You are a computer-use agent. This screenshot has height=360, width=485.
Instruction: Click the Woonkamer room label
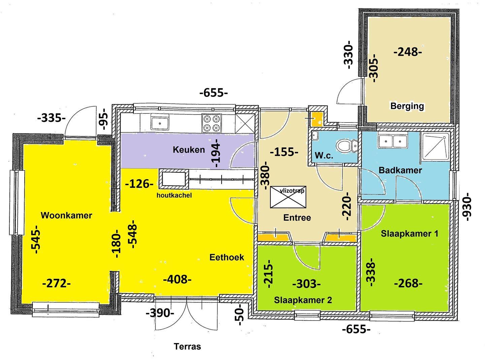tap(66, 216)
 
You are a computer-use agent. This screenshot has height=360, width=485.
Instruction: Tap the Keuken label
tap(189, 150)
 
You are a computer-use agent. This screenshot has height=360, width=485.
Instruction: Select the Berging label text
tap(407, 106)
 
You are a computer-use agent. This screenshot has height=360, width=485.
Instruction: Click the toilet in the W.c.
tap(347, 145)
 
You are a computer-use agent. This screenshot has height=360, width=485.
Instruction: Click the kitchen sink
tap(160, 123)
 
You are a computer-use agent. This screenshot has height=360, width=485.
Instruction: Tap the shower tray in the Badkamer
tap(435, 146)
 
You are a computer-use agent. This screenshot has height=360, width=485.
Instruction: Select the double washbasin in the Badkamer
tap(393, 141)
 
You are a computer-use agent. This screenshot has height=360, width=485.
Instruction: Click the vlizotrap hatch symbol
tap(288, 197)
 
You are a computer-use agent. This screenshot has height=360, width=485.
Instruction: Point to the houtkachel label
tap(174, 195)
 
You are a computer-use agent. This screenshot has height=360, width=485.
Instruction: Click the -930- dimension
tap(467, 207)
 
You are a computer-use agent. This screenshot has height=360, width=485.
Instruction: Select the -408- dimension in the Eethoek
tap(177, 279)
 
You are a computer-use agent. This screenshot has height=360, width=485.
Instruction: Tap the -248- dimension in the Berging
tap(408, 52)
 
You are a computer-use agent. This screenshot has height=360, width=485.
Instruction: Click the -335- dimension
tap(52, 118)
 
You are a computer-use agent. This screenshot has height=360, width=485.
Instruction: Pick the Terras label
tap(187, 347)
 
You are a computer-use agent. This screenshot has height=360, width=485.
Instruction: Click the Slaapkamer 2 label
tap(303, 300)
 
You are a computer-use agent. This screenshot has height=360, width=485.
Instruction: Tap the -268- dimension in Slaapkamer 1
tap(408, 284)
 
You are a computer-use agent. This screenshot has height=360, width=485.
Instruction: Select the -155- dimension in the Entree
tap(284, 152)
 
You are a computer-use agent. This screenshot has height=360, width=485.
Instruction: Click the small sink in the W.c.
tap(315, 136)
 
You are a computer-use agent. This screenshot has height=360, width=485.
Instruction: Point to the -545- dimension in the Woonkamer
tap(36, 239)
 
